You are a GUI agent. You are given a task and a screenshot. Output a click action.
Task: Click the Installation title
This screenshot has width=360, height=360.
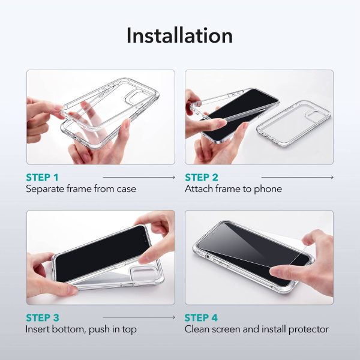coord(179,35)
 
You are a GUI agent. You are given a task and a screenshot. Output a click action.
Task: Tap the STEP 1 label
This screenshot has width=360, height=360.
coord(42,178)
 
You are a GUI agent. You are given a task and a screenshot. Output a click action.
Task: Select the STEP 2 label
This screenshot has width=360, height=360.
coord(202,178)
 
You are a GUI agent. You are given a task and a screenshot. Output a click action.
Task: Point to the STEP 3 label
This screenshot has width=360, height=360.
coord(42,317)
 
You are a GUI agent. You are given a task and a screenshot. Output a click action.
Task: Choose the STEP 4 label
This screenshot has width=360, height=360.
coord(202,317)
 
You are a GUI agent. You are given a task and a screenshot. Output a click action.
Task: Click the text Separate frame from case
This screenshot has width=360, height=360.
coord(80,189)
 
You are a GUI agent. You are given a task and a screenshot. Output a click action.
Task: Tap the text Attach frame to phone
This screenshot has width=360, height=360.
coord(233,189)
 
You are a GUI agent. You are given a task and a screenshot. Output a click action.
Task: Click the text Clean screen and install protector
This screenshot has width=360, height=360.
coord(257,329)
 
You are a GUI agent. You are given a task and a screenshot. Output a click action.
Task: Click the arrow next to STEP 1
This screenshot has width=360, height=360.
coord(139,178)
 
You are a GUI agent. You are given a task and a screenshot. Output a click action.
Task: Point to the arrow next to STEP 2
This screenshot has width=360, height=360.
coord(298,178)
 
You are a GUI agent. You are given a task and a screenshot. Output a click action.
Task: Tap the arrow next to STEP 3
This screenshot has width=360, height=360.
coord(139,317)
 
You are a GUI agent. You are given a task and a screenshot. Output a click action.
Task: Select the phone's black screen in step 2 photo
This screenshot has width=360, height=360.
coord(237,111)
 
